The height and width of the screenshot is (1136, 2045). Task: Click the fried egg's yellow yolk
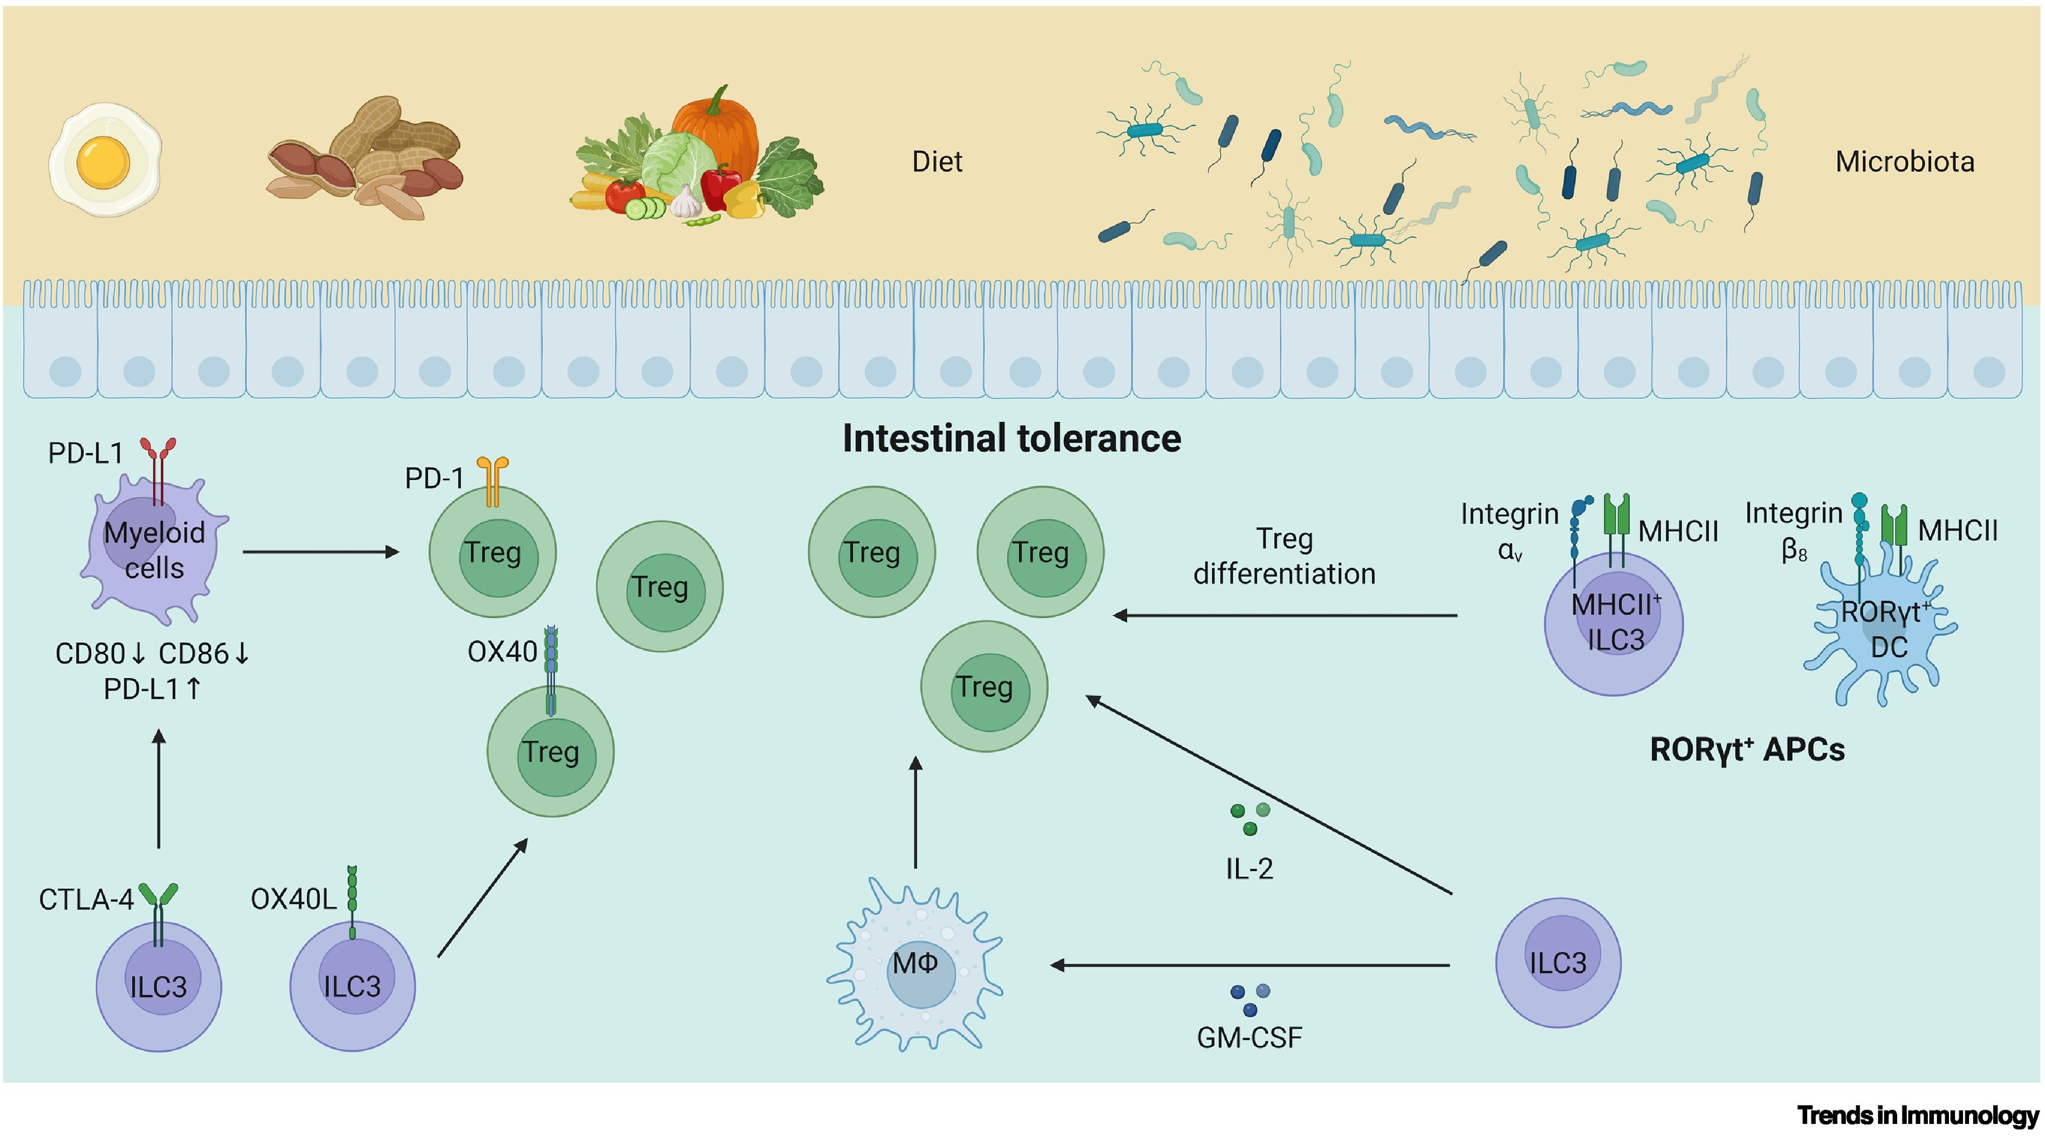[x=103, y=161]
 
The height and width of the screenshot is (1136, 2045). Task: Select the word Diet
[x=937, y=162]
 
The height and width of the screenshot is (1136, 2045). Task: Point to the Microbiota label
[x=1904, y=162]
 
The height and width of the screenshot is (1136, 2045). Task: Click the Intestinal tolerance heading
[x=1011, y=438]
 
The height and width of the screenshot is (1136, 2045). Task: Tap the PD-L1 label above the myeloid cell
[x=86, y=453]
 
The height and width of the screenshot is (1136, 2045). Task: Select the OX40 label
[x=501, y=652]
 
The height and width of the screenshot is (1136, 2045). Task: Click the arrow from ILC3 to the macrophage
[x=1250, y=965]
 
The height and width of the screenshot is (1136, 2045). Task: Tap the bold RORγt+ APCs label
[x=1746, y=750]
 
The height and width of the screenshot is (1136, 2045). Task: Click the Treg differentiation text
[x=1283, y=556]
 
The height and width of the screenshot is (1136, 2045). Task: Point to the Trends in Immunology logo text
[x=1917, y=1115]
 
